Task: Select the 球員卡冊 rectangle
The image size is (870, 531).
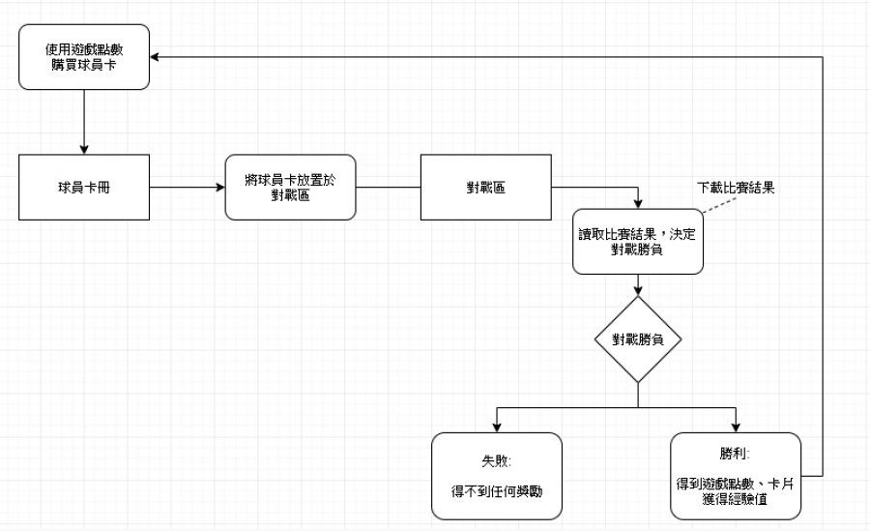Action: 84,186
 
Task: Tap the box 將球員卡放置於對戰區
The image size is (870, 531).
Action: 290,186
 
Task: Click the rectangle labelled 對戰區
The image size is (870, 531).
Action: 484,186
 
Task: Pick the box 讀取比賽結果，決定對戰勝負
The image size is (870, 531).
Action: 637,240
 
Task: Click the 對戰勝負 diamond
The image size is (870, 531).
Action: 637,339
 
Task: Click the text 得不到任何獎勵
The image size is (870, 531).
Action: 496,491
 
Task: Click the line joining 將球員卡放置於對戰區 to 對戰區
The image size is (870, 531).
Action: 388,186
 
